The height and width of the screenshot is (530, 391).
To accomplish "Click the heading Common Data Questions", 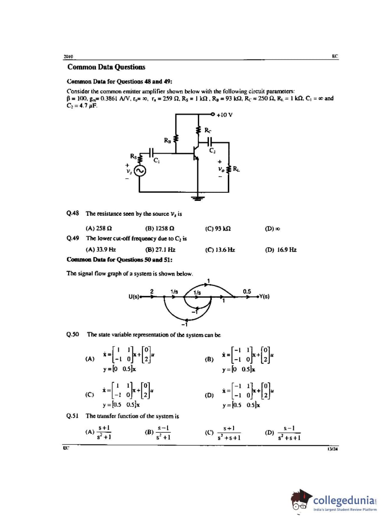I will click(106, 67).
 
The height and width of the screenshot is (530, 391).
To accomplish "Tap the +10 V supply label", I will click(225, 115).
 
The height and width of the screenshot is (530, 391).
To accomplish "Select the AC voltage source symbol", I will click(140, 171).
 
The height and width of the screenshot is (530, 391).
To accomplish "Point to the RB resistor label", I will click(167, 140).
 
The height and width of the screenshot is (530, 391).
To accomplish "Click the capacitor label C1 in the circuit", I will click(157, 160).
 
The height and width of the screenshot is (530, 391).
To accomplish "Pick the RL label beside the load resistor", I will click(236, 169).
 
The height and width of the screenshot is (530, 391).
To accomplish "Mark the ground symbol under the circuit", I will click(198, 198).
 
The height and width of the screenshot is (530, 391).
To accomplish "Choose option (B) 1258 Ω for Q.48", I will click(159, 228).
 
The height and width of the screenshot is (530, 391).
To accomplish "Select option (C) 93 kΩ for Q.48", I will click(218, 228).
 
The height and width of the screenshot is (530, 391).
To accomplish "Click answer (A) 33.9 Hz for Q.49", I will click(101, 249).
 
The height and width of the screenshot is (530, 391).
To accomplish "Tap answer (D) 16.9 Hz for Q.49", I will click(280, 249).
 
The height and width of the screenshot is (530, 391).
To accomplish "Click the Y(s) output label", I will click(264, 296).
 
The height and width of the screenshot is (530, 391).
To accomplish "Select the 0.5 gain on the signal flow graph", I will click(247, 292).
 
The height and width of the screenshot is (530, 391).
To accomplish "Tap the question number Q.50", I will click(73, 335).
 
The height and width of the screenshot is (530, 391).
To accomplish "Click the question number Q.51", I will click(73, 416).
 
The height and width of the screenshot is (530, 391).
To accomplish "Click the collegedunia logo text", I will click(344, 500).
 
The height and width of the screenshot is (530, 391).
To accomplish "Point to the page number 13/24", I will click(333, 449).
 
